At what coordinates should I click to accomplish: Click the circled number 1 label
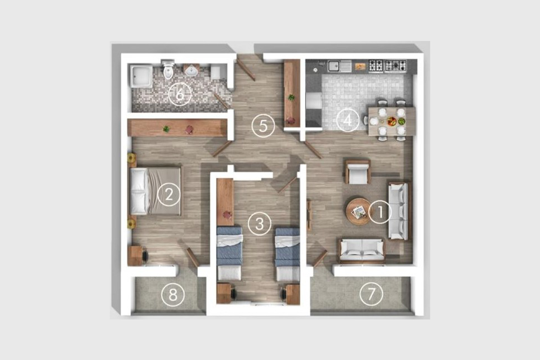tap(380, 212)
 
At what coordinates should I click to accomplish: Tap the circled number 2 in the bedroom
tap(169, 194)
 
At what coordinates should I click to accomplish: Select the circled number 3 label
tap(259, 224)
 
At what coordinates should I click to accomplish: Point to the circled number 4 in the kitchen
tap(347, 120)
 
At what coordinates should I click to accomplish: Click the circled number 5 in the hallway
tap(263, 126)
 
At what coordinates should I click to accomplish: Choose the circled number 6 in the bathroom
tap(180, 94)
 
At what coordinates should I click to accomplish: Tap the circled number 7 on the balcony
tap(371, 294)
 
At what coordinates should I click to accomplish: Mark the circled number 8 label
tap(173, 295)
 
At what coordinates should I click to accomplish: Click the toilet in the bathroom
tap(168, 69)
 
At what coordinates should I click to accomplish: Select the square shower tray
tap(141, 76)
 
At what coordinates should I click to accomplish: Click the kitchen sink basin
tap(333, 66)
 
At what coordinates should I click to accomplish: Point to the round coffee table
tap(358, 211)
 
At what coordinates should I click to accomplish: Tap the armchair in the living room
tap(358, 172)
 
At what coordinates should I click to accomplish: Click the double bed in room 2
tap(156, 191)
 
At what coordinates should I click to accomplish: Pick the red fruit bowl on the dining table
tap(392, 121)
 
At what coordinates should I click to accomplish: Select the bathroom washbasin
tap(192, 70)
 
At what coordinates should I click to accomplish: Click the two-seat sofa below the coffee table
tap(362, 251)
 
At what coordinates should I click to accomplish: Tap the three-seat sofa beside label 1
tap(398, 211)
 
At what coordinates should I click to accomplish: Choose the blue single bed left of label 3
tap(229, 253)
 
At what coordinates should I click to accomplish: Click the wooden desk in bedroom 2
tap(135, 256)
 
